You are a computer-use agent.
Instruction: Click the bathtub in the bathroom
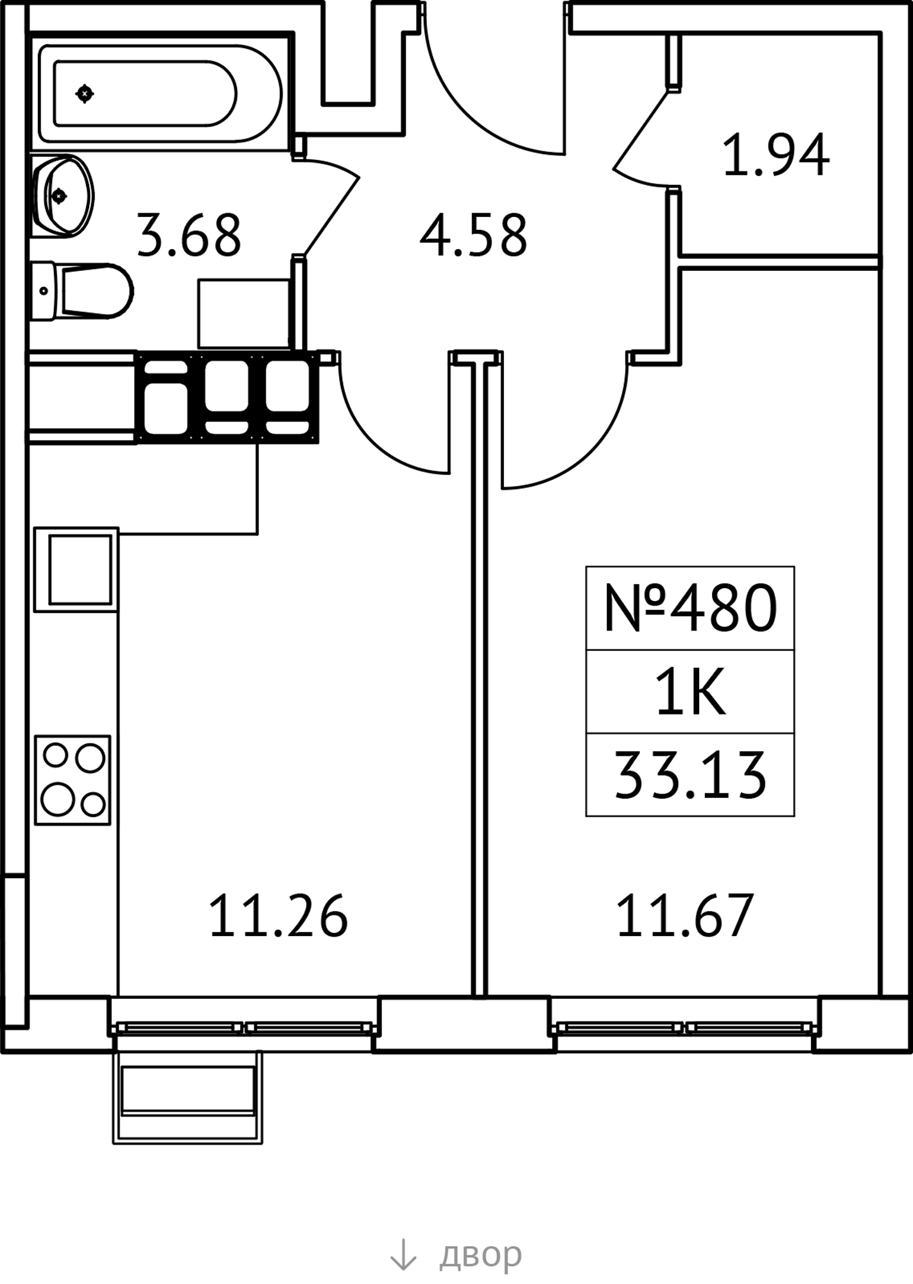pyautogui.click(x=161, y=94)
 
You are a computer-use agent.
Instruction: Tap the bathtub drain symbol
pyautogui.click(x=85, y=94)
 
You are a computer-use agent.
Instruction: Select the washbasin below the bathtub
pyautogui.click(x=62, y=195)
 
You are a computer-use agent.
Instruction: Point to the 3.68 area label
pyautogui.click(x=189, y=236)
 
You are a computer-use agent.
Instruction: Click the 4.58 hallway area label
pyautogui.click(x=473, y=236)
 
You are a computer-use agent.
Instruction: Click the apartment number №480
pyautogui.click(x=690, y=607)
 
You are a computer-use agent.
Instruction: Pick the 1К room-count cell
pyautogui.click(x=690, y=691)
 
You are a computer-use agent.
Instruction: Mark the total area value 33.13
pyautogui.click(x=690, y=775)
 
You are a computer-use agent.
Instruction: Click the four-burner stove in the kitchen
pyautogui.click(x=73, y=780)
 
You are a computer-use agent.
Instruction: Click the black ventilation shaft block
pyautogui.click(x=227, y=397)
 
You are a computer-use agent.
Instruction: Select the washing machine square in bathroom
pyautogui.click(x=243, y=313)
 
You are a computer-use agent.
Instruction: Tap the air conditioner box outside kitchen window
pyautogui.click(x=187, y=1098)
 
